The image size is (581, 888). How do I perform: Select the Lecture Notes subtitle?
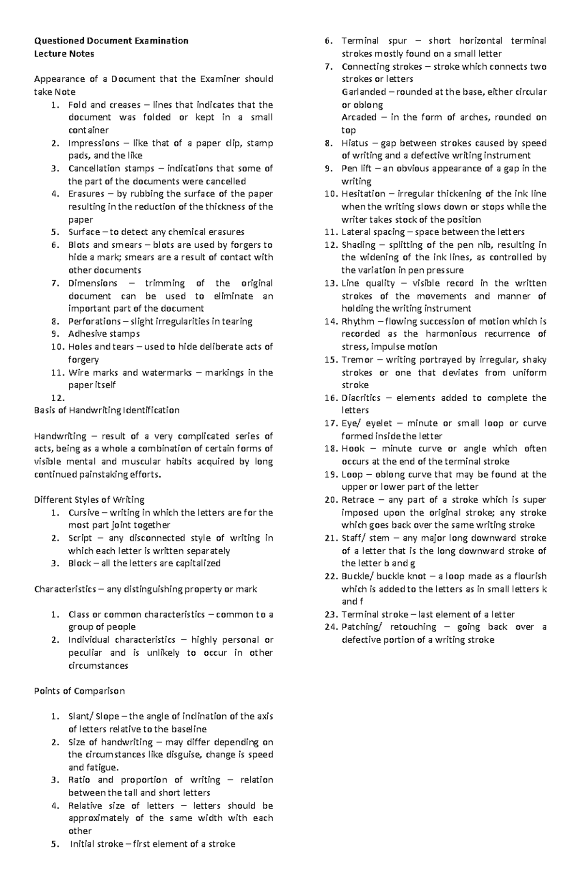[64, 54]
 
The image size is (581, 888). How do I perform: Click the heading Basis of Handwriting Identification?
[107, 410]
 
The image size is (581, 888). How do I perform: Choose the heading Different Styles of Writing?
[89, 499]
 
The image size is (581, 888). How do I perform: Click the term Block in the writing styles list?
[79, 563]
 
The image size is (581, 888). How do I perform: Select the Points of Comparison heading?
[79, 691]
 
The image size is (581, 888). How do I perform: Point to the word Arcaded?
[359, 117]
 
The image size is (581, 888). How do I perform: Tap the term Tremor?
[357, 360]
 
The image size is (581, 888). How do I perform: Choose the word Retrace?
[358, 499]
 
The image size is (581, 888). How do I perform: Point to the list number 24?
[331, 627]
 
